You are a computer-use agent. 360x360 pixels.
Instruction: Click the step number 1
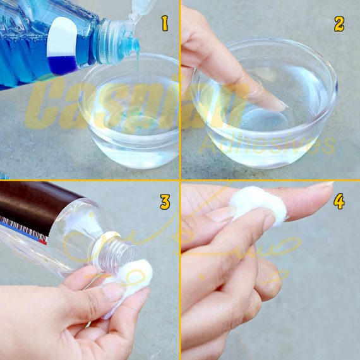tap(165, 25)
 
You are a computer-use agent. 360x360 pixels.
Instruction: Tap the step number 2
tap(339, 24)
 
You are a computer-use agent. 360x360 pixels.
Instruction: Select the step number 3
tap(165, 202)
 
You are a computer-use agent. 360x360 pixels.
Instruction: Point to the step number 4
tap(339, 202)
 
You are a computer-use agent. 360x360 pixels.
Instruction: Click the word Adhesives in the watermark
tap(265, 144)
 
